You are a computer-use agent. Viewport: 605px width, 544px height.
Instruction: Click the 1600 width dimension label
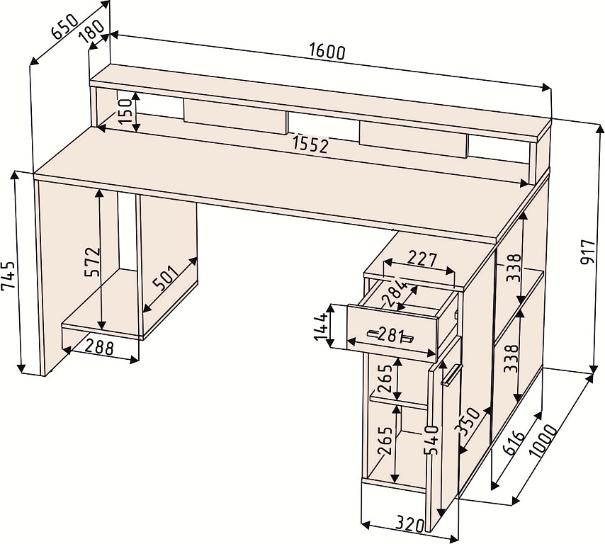327,52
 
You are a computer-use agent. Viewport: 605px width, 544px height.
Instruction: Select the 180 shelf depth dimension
91,31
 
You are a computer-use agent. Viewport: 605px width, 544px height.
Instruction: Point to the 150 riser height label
128,110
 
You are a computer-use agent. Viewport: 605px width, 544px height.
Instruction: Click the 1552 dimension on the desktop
310,144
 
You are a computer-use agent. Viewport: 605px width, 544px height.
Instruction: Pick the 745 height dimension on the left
9,276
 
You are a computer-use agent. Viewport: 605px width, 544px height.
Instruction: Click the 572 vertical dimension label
93,261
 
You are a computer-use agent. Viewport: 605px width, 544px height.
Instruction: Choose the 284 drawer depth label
394,293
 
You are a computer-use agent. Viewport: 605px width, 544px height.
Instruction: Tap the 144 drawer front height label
321,327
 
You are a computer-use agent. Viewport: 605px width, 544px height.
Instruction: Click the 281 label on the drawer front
391,334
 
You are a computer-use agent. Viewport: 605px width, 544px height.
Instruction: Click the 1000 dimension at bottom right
543,440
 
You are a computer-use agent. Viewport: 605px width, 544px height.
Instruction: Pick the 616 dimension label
514,443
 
